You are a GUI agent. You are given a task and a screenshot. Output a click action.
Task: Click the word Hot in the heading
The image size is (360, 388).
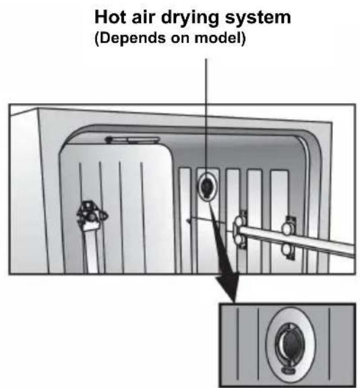[110, 17]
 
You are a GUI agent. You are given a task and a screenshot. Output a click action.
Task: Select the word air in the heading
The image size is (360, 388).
[143, 17]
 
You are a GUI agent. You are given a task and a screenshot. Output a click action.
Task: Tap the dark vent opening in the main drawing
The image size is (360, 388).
[206, 187]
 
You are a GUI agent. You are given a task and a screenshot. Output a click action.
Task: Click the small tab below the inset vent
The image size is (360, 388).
[287, 370]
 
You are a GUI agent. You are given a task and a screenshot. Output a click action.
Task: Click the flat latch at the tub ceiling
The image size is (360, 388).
[132, 140]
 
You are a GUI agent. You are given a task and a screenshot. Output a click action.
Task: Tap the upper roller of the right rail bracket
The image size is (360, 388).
[287, 229]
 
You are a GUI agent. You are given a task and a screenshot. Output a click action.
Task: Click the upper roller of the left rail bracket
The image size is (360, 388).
[239, 222]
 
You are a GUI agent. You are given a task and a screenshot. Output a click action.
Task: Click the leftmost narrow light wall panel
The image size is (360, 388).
[185, 220]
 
